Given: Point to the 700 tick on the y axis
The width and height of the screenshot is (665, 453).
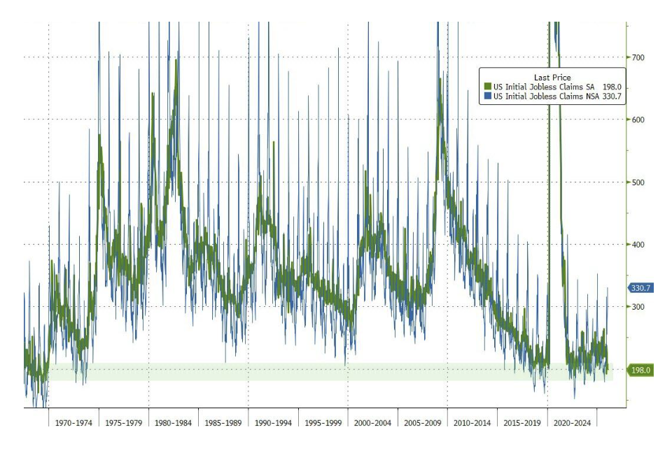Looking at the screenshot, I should [x=637, y=57].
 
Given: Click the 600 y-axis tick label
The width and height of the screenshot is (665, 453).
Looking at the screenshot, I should [x=637, y=120].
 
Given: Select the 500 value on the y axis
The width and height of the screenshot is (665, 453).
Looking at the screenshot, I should [x=637, y=182].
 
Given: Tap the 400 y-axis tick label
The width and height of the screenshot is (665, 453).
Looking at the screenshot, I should [x=637, y=245].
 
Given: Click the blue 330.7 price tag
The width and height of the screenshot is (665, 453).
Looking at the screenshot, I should [x=641, y=288].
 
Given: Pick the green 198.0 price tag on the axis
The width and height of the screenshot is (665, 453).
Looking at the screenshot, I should [x=641, y=371].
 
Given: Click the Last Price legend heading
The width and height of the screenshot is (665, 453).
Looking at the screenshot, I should [x=552, y=78].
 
